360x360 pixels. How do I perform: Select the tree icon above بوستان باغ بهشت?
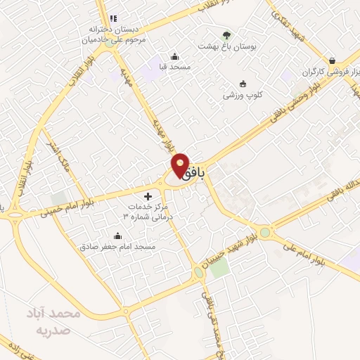[x=226, y=35]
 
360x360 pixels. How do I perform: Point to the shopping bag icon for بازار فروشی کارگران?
[x=342, y=60]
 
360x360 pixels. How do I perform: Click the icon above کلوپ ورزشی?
[x=243, y=83]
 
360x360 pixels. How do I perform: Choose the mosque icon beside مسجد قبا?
[x=174, y=57]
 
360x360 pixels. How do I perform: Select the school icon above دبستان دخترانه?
[x=112, y=18]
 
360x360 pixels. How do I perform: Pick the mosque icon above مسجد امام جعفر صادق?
[x=117, y=236]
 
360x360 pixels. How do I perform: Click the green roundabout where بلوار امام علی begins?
[x=265, y=232]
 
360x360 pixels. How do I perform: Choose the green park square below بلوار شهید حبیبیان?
[x=219, y=284]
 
